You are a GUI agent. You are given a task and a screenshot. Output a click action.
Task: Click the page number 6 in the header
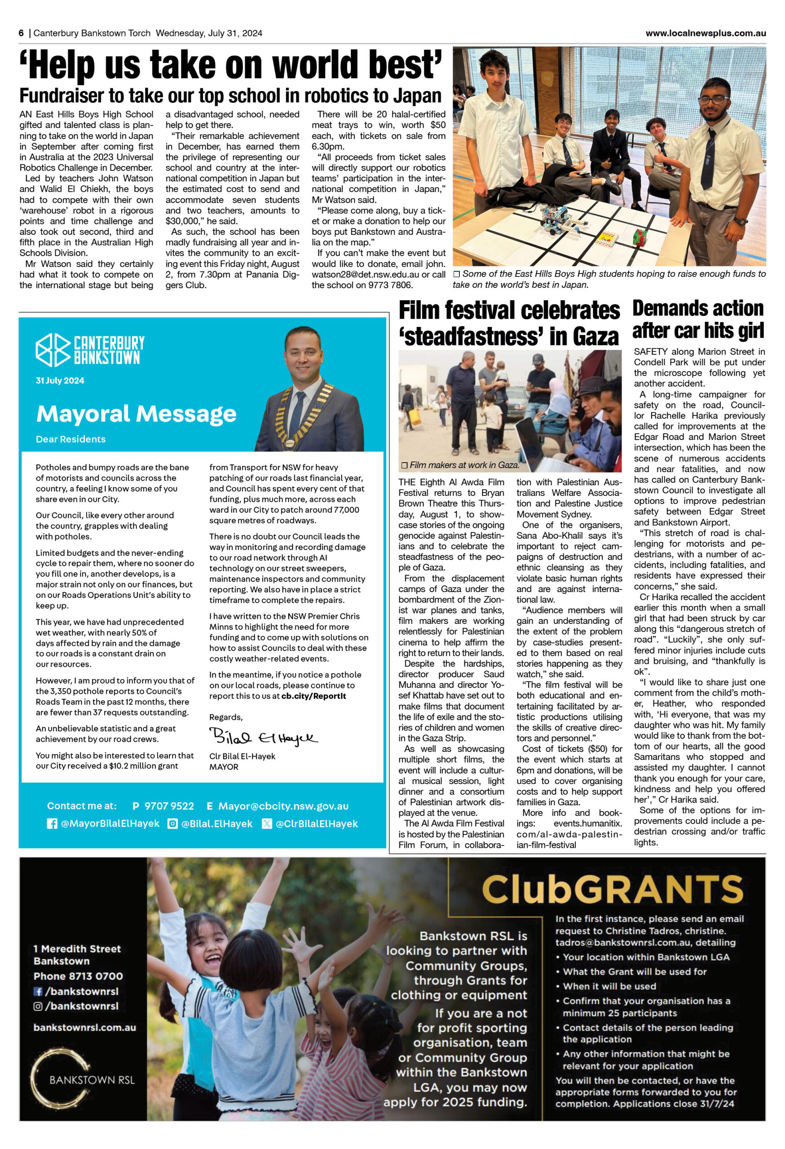click(21, 33)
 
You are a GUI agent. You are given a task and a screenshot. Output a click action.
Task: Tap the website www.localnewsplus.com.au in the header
click(706, 33)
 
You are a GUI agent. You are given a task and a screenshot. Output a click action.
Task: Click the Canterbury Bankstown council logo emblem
click(53, 350)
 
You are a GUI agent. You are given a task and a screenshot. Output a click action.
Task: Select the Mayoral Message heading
click(136, 414)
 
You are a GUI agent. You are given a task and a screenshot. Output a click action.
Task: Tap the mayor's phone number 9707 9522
click(169, 806)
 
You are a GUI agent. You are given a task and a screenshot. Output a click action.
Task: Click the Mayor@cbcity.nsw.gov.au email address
click(283, 806)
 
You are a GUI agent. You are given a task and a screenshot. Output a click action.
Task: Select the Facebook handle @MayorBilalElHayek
click(110, 824)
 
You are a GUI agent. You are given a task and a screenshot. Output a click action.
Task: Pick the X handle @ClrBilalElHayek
click(316, 824)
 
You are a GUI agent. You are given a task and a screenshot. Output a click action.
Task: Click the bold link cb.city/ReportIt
click(313, 696)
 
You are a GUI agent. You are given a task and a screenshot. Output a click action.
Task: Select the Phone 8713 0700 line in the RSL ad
click(78, 976)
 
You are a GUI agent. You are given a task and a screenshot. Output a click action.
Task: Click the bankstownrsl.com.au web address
click(84, 1027)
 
